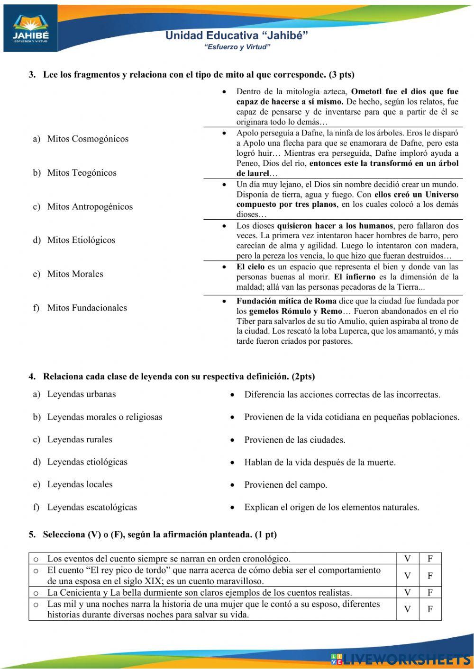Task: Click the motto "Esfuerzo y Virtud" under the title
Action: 237,47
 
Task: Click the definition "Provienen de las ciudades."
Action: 294,440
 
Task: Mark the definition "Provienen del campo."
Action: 285,485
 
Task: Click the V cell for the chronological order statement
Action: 408,558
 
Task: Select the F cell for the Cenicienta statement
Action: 430,592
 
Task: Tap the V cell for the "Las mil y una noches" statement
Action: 408,609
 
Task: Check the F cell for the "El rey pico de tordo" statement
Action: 430,576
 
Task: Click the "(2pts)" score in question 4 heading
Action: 303,377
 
